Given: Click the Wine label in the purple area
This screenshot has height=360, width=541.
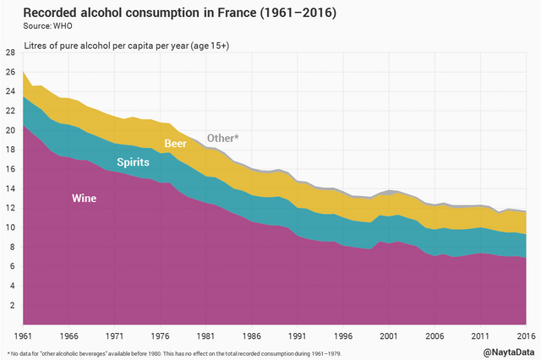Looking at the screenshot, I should click(84, 199).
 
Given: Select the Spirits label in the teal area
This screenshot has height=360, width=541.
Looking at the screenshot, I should click(134, 161).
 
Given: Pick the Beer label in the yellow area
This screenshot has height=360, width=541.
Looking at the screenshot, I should click(175, 144).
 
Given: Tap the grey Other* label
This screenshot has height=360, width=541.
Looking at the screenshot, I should click(223, 138).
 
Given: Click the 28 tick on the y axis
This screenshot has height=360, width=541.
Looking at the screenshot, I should click(9, 52).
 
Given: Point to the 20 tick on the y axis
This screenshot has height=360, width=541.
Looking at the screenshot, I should click(9, 130).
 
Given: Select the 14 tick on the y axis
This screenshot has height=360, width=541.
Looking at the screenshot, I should click(9, 188).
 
